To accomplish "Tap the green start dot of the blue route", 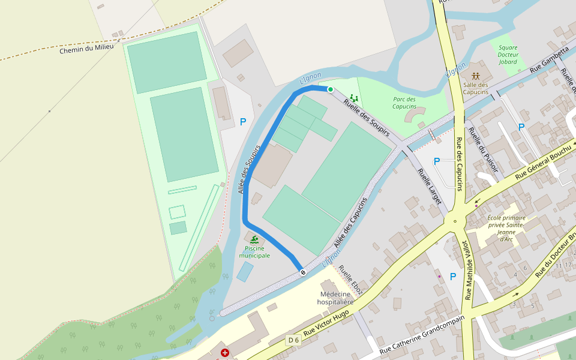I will point(330,89).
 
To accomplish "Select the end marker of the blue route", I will point(303,272).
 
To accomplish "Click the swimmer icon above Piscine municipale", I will point(254,239).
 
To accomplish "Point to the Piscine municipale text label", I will point(254,252).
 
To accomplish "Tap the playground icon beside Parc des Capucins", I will point(354,97).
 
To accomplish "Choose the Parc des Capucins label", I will point(404,103).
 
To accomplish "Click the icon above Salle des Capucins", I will point(476,76).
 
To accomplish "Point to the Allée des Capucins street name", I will point(350,223).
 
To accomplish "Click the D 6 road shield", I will point(293,340).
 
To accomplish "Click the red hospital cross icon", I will point(225,353).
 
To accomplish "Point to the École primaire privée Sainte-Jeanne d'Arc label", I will point(506,228).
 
